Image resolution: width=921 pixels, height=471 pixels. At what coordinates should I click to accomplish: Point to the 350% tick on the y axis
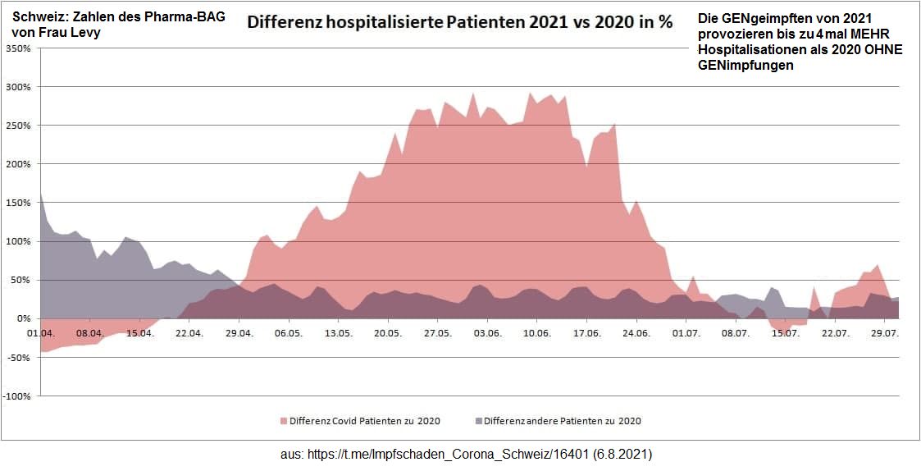point(19,48)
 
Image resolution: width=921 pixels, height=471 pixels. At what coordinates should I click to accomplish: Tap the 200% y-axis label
point(19,164)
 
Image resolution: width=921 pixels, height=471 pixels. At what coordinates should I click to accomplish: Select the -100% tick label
point(17,396)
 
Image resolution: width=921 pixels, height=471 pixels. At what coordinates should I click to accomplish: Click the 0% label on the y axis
point(22,318)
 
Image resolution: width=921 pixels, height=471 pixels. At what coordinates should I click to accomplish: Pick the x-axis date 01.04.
point(40,333)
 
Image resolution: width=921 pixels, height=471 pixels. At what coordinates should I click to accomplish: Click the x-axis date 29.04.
point(239,333)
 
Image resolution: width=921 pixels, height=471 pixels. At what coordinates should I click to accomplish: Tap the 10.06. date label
point(536,333)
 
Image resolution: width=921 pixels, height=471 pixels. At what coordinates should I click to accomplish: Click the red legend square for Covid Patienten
point(284,421)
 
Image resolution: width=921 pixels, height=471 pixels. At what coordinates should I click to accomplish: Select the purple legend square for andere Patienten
point(479,421)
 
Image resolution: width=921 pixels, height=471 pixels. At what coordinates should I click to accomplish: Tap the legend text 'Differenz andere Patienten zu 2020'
point(563,421)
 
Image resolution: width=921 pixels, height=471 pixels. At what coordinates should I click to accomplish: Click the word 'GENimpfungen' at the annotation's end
point(745,66)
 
